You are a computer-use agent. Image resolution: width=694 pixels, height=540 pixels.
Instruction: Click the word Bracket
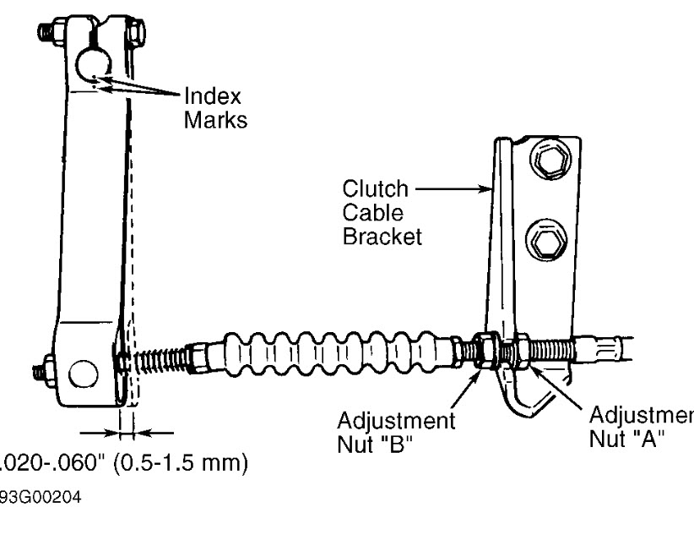(381, 236)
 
